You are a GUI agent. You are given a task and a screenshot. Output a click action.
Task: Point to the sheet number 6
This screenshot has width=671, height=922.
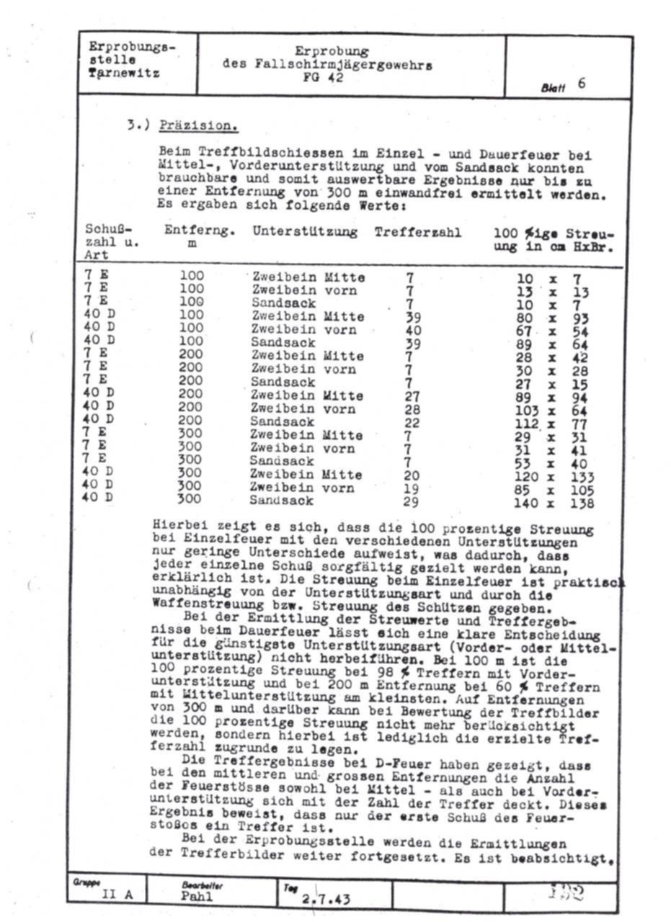(x=581, y=83)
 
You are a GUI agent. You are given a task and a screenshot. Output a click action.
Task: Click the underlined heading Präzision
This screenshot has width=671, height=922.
(x=198, y=125)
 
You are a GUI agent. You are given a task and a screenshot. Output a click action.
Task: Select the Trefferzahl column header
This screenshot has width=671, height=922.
(x=417, y=232)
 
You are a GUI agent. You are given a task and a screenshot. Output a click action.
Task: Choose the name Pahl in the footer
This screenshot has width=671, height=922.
(x=197, y=897)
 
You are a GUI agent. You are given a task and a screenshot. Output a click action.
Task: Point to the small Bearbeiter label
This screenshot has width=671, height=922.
(x=199, y=884)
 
